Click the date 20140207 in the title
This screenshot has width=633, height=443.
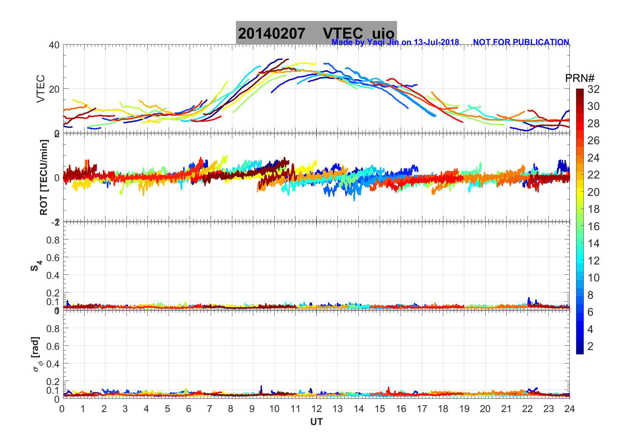(x=271, y=34)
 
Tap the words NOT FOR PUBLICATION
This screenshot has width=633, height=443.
(x=521, y=42)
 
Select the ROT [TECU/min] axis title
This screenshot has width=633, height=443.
(x=44, y=177)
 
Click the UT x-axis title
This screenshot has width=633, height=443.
(x=316, y=422)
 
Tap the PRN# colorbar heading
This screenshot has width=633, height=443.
(x=579, y=78)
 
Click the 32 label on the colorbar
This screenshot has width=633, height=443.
(x=593, y=89)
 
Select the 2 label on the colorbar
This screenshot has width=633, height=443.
(x=590, y=346)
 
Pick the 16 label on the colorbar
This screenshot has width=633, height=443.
(x=593, y=226)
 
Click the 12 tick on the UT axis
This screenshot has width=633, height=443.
(x=316, y=409)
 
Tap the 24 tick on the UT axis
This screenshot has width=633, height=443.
(x=569, y=409)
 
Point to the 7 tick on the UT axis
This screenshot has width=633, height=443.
(x=209, y=409)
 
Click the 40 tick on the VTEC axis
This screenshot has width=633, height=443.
(x=54, y=45)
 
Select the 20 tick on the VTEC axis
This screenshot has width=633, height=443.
(x=54, y=89)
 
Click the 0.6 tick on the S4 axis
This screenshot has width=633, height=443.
(x=53, y=257)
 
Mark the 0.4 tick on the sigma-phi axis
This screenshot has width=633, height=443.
(x=53, y=364)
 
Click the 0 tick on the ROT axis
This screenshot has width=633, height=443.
(x=57, y=178)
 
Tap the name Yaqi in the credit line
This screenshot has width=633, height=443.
(x=376, y=42)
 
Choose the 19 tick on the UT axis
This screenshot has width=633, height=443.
(x=464, y=409)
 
